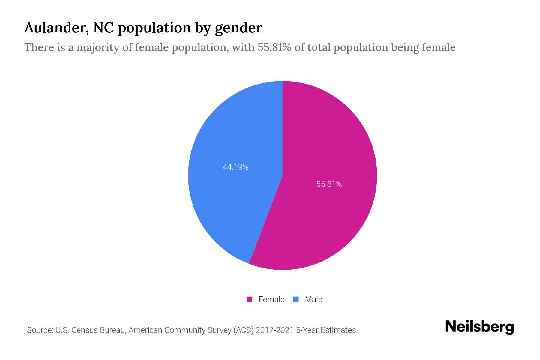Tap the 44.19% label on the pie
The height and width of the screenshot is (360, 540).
pyautogui.click(x=235, y=167)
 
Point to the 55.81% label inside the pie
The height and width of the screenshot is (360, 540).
pyautogui.click(x=329, y=184)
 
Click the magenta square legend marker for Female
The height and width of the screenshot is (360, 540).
pyautogui.click(x=250, y=299)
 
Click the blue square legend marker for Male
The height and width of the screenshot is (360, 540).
pyautogui.click(x=296, y=299)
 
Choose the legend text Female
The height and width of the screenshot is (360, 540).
pyautogui.click(x=271, y=299)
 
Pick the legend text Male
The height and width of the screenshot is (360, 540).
pyautogui.click(x=313, y=299)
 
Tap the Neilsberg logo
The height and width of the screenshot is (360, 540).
pyautogui.click(x=479, y=327)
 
